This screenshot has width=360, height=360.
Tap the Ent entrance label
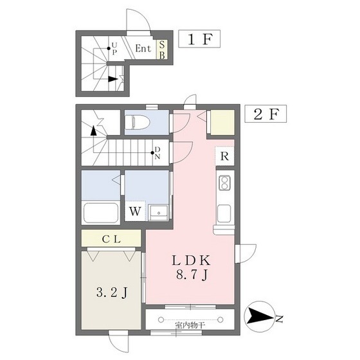143,48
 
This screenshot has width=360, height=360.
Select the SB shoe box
163,49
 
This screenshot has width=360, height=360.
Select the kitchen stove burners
225,183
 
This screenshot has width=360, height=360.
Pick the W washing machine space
136,210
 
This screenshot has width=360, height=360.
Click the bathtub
101,212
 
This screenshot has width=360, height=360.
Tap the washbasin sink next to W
157,212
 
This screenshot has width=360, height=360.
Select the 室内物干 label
188,325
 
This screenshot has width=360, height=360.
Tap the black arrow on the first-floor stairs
113,79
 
